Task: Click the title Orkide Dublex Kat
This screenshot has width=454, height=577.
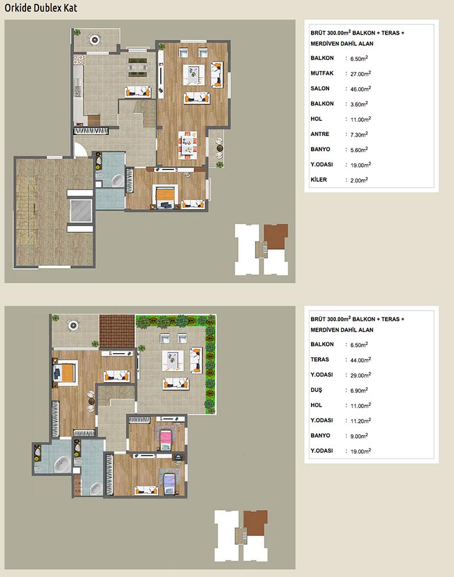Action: tap(41, 8)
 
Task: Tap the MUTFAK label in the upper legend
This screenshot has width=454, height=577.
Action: tap(322, 73)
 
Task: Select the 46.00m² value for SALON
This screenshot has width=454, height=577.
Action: tap(360, 88)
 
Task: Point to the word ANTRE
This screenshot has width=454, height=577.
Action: tap(320, 134)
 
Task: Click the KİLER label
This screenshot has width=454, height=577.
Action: tap(319, 180)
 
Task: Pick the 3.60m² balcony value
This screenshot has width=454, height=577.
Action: tap(359, 104)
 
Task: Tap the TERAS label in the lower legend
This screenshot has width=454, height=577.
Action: tap(320, 359)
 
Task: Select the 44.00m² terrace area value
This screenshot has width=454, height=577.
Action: tap(360, 360)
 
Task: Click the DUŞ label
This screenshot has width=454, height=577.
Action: tap(316, 390)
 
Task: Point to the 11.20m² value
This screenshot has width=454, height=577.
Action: tap(360, 421)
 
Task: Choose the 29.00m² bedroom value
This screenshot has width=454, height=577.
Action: tap(360, 375)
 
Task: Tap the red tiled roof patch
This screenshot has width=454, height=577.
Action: tap(117, 331)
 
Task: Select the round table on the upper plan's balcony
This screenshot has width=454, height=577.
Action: tap(95, 39)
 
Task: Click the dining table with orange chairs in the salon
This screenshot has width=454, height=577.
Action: tap(188, 144)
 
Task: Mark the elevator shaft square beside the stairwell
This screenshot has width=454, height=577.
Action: tap(81, 211)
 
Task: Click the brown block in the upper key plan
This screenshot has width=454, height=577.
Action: tap(276, 236)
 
